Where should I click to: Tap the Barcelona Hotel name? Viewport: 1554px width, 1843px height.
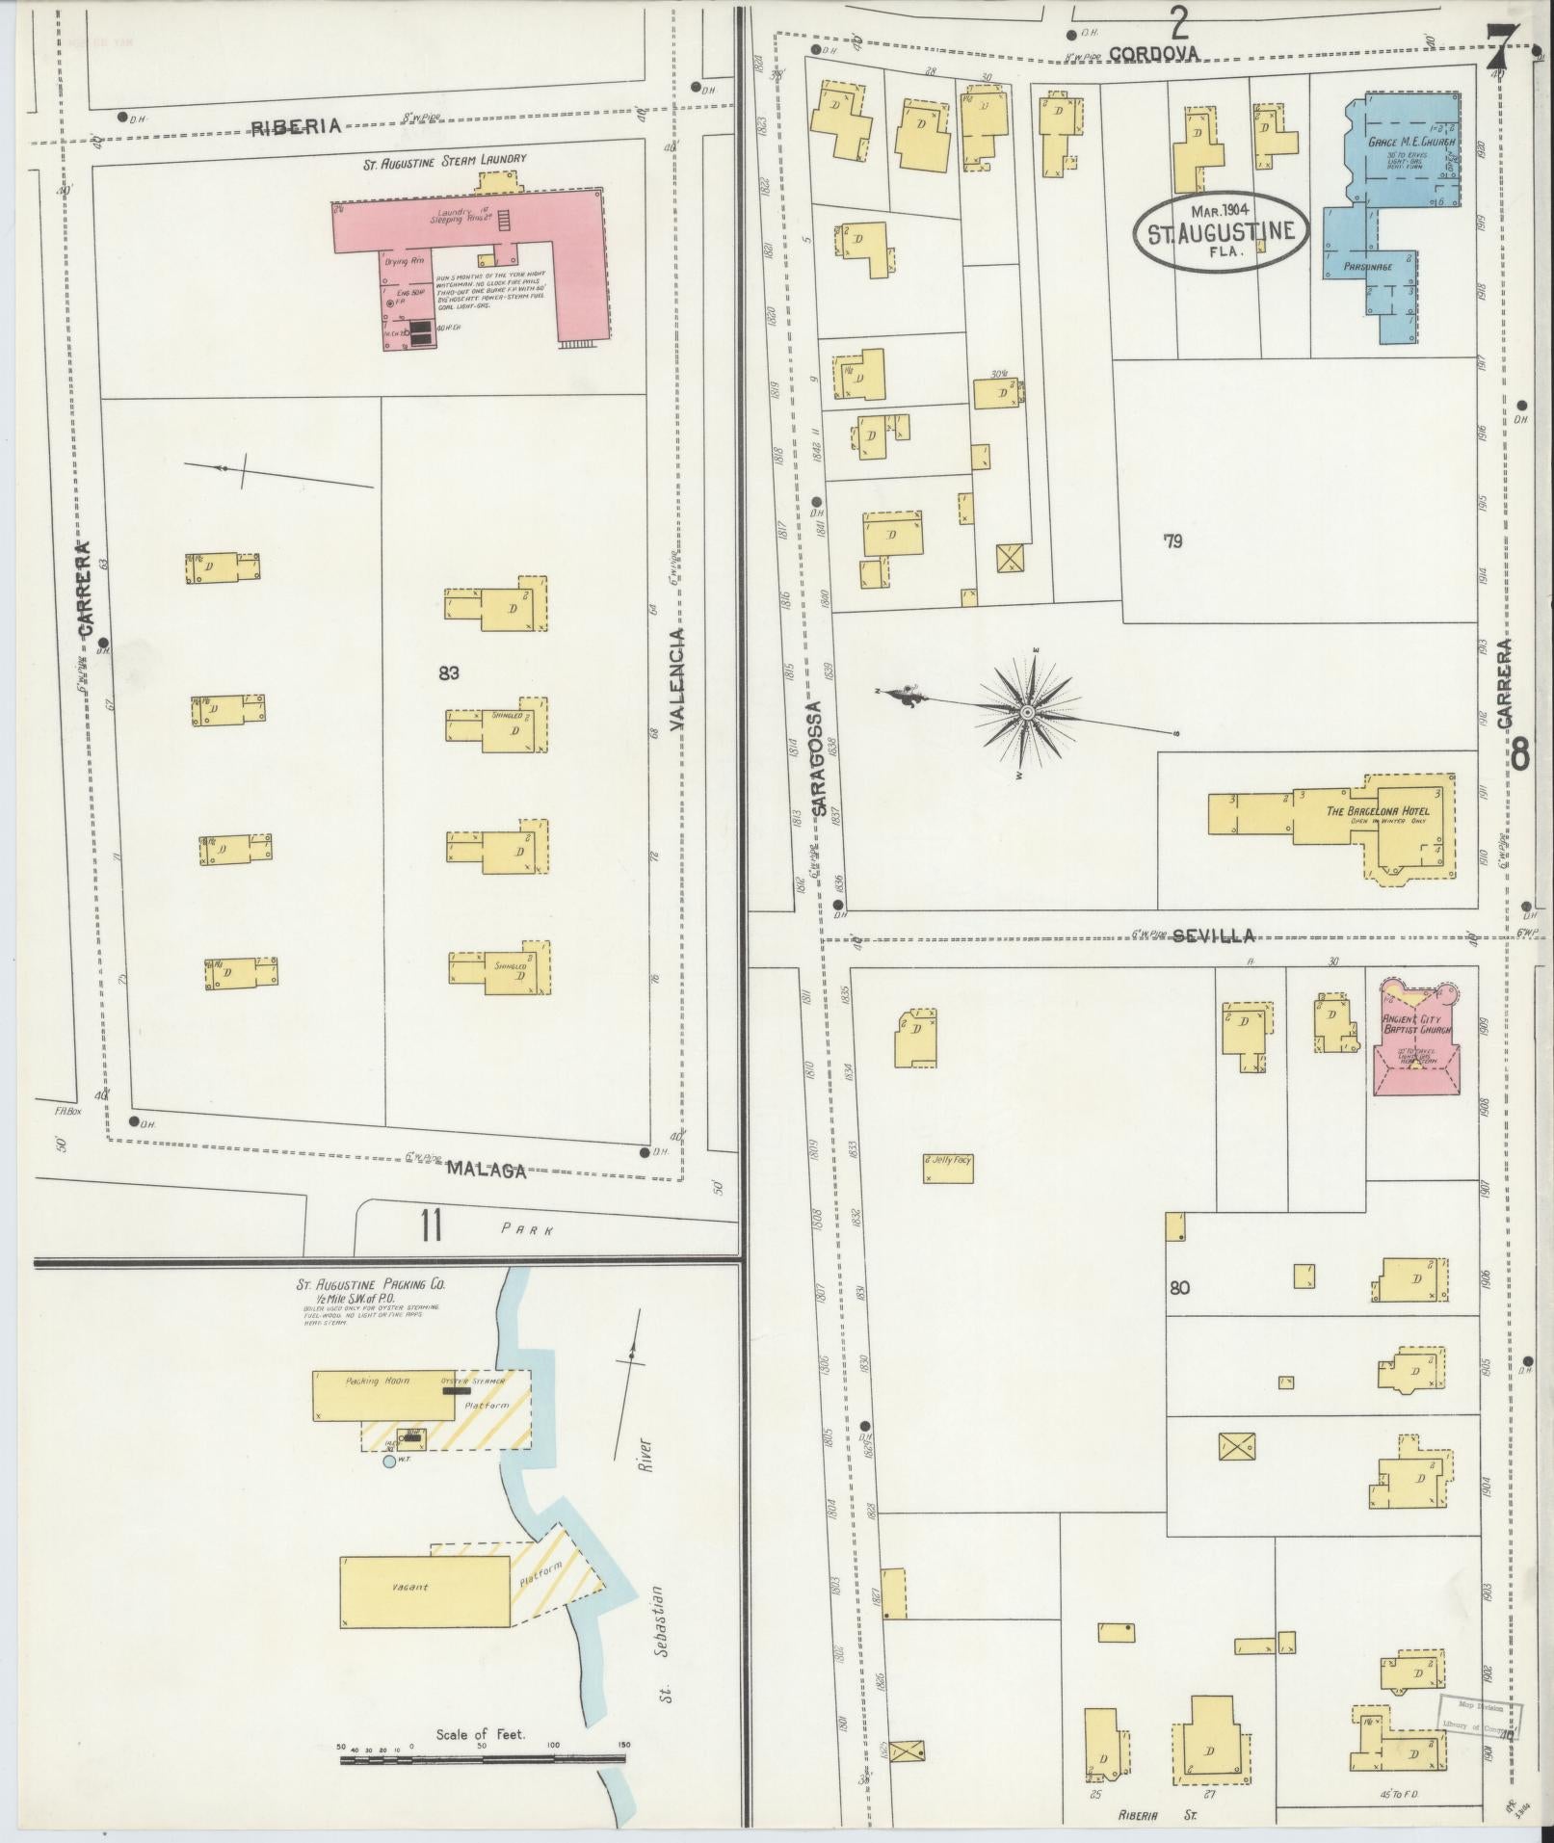1377,810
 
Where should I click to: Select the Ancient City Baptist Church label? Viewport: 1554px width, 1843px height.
1415,1024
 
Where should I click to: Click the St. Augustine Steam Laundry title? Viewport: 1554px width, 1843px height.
444,162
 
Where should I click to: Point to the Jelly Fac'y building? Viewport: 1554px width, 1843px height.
948,1168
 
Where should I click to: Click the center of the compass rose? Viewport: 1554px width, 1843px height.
1027,712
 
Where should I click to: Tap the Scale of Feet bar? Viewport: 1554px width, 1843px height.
482,1759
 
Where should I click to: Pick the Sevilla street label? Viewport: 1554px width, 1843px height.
1213,935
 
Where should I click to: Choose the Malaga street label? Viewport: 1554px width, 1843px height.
487,1171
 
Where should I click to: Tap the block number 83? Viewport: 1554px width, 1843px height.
448,672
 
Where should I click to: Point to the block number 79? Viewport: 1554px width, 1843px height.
1172,541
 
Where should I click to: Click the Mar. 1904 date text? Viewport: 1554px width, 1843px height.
1221,210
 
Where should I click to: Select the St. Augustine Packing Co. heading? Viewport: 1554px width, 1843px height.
371,1284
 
